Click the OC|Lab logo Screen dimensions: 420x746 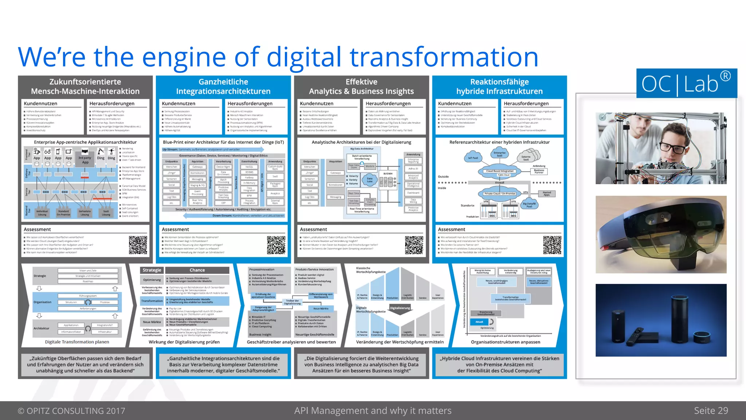click(x=686, y=83)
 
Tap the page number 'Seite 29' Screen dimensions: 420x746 click(x=711, y=411)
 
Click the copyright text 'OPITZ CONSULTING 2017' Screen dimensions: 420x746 click(x=71, y=411)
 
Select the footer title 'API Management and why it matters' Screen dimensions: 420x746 click(x=373, y=411)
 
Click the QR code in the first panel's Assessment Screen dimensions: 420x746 click(x=138, y=245)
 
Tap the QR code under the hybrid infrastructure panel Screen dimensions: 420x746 click(x=552, y=245)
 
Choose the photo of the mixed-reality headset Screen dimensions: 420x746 click(x=661, y=234)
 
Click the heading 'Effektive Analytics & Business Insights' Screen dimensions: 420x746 click(x=361, y=87)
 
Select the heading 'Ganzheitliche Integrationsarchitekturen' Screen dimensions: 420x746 click(x=223, y=87)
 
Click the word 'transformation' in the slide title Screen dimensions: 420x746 click(x=444, y=57)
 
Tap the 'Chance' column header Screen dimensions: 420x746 click(x=197, y=270)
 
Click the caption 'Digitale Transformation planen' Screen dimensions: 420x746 click(x=77, y=342)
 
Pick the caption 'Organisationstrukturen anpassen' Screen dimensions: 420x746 click(x=505, y=342)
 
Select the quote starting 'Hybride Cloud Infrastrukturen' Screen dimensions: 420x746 click(x=499, y=365)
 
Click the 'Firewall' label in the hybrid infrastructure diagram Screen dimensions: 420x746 click(x=499, y=183)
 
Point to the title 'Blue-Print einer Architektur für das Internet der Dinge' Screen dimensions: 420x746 click(x=223, y=142)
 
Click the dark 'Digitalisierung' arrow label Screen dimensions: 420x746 click(x=400, y=308)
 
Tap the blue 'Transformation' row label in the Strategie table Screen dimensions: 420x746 click(x=152, y=301)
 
